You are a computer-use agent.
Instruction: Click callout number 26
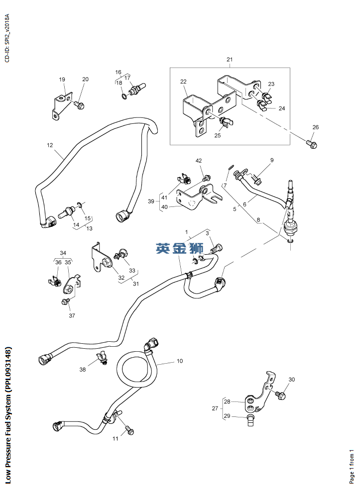tap(315, 127)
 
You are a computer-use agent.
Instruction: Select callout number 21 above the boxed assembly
tap(230, 60)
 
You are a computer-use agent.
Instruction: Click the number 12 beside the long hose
tap(50, 145)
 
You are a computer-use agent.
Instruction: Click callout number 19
tap(62, 80)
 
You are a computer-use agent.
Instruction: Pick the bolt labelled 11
tap(129, 430)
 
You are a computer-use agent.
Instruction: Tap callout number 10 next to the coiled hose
tap(179, 361)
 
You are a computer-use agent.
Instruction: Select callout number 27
tap(215, 408)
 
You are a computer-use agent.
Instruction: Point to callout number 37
tap(72, 315)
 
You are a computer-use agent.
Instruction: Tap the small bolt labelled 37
tap(65, 301)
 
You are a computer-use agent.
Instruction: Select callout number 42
tap(199, 161)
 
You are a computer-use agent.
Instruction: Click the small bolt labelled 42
tap(207, 177)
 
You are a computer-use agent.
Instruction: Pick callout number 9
tap(272, 160)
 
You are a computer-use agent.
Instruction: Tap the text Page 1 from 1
tap(352, 466)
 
